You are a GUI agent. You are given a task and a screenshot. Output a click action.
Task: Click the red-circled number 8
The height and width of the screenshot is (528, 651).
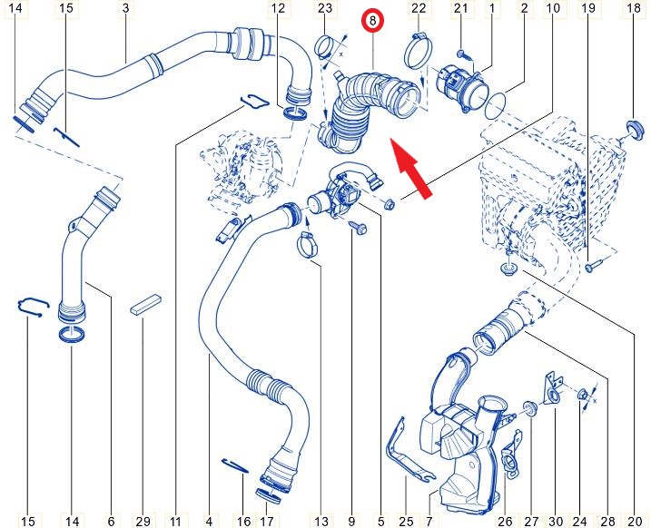click(372, 20)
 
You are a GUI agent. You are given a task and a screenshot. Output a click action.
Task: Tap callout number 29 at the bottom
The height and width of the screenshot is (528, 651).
click(143, 521)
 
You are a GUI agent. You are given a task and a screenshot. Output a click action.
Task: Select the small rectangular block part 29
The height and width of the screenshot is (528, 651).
click(146, 305)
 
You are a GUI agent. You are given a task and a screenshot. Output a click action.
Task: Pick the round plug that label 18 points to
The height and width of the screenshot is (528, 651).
click(635, 130)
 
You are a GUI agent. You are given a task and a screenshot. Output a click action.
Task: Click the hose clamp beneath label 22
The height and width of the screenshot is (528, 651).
click(419, 51)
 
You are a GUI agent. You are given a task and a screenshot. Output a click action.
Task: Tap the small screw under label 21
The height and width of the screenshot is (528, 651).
click(461, 54)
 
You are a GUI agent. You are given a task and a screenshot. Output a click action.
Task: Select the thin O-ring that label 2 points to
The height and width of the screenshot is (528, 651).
click(496, 106)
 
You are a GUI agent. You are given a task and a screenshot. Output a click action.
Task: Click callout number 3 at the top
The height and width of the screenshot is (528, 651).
click(126, 7)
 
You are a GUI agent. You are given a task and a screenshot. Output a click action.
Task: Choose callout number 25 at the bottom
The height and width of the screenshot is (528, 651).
click(406, 521)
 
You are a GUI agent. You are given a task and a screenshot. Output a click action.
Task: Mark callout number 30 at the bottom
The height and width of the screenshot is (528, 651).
click(556, 521)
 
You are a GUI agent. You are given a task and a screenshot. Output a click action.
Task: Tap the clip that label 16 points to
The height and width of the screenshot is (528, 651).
click(235, 465)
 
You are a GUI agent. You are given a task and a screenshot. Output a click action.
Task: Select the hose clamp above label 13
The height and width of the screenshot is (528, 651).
click(307, 246)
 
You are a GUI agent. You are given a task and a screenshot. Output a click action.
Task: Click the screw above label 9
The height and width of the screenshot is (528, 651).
click(358, 227)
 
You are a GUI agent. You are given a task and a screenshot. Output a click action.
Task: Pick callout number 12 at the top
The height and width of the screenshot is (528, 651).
click(278, 7)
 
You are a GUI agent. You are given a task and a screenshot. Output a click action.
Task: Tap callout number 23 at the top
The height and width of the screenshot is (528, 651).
click(325, 7)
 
